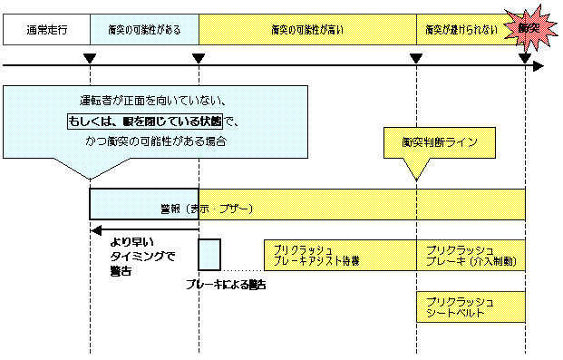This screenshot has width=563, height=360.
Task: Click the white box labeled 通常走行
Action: [46, 30]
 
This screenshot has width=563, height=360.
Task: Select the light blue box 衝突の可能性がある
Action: [144, 30]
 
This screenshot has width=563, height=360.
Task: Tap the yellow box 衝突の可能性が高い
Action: [306, 30]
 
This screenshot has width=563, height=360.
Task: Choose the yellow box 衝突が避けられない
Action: [461, 30]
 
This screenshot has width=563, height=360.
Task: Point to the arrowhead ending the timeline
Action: [537, 65]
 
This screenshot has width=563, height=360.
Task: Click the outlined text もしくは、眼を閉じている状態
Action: [152, 121]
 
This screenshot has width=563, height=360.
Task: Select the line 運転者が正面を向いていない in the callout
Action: [152, 101]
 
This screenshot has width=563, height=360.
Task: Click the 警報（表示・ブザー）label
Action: [217, 208]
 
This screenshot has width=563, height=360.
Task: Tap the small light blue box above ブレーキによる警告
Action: [209, 254]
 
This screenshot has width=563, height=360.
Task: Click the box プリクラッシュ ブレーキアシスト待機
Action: [317, 255]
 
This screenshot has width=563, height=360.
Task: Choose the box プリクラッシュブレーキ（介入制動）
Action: [471, 255]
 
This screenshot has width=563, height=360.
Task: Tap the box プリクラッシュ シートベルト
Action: [471, 306]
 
